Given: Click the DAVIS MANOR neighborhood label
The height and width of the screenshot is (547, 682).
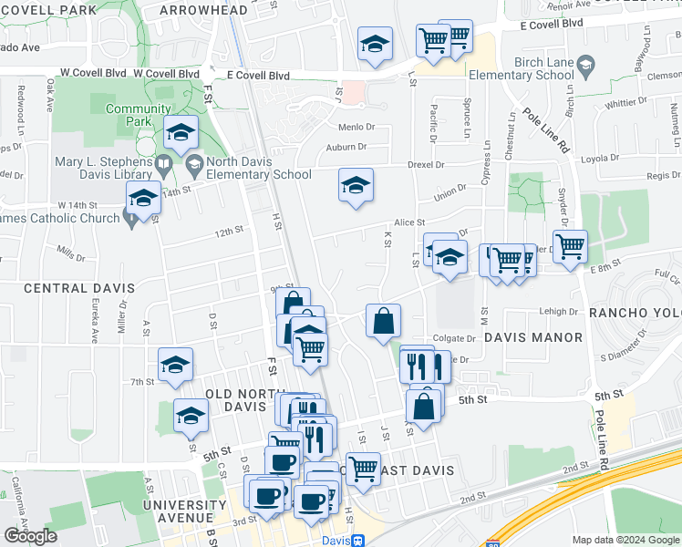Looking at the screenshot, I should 532,337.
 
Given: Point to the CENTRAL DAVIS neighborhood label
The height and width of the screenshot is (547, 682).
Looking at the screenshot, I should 79,288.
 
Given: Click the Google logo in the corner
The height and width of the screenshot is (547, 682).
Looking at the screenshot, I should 30,536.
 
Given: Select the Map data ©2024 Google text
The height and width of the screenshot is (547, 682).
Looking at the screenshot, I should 625,540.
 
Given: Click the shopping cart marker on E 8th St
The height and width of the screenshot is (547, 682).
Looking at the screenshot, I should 570,245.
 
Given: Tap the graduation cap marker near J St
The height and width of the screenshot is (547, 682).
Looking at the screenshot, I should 356,186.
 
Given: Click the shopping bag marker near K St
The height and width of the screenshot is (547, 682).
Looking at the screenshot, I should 384,320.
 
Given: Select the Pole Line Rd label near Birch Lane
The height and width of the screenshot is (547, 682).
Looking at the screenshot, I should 546,130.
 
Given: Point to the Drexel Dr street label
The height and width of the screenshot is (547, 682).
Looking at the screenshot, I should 426,165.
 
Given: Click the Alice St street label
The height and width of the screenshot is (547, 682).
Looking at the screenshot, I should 409,222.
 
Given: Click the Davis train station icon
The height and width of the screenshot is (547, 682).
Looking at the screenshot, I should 359,540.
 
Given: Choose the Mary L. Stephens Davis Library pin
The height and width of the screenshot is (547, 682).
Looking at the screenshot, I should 164,167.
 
